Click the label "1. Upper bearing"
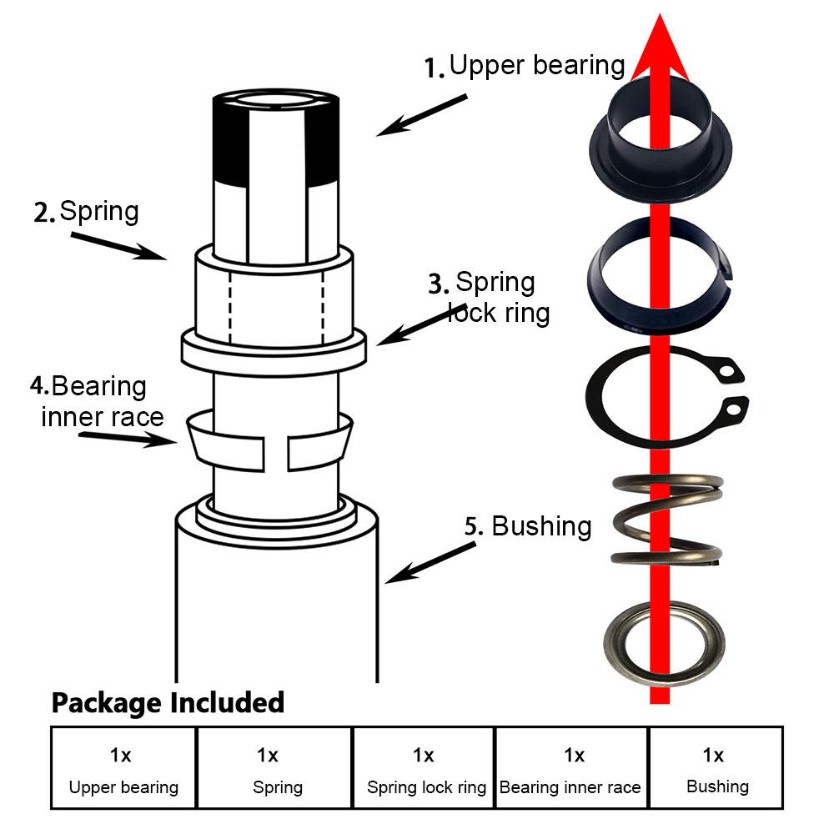(525, 66)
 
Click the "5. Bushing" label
(528, 526)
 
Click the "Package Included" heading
(168, 702)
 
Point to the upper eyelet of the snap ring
(731, 369)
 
